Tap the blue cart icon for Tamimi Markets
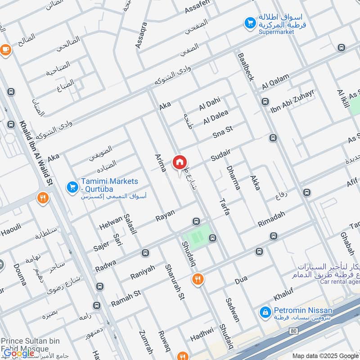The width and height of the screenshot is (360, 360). pos(72,187)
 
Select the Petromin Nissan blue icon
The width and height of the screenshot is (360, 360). pos(266,311)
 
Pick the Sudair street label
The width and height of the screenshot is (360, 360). pos(220,155)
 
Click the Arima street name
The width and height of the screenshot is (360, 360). pos(161,162)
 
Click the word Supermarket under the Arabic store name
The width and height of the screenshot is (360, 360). pos(276,32)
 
